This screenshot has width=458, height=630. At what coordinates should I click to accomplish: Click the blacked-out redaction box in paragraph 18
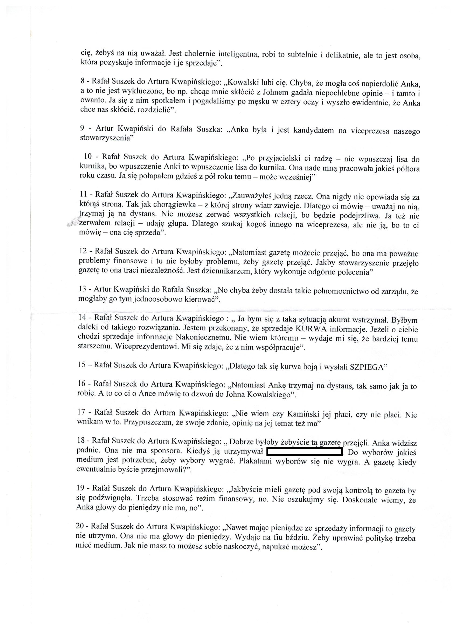(304, 452)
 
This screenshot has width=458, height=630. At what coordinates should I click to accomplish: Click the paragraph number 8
(82, 82)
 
